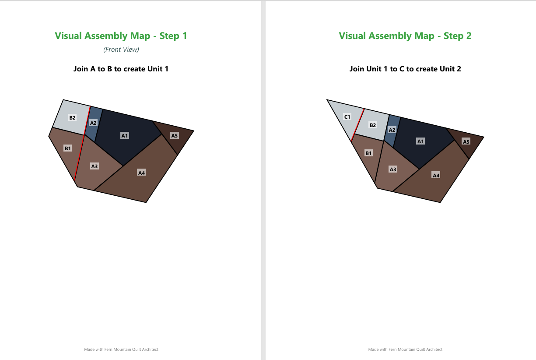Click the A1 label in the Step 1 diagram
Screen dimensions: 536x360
pyautogui.click(x=125, y=136)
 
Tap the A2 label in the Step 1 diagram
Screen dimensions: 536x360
pyautogui.click(x=93, y=123)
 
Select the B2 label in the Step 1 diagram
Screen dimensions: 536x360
pyautogui.click(x=72, y=118)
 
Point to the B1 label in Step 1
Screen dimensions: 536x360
pyautogui.click(x=68, y=148)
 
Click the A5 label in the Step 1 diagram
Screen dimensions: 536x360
pyautogui.click(x=175, y=136)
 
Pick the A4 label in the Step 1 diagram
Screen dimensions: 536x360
pyautogui.click(x=141, y=173)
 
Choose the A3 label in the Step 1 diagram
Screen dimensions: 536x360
pyautogui.click(x=95, y=166)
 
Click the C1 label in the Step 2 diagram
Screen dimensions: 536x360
pyautogui.click(x=347, y=117)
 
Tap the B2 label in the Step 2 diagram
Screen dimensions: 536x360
pyautogui.click(x=373, y=125)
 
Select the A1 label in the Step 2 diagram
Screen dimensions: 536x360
pyautogui.click(x=420, y=141)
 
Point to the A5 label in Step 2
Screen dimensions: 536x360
pyautogui.click(x=466, y=141)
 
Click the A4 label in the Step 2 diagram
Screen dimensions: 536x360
pyautogui.click(x=436, y=175)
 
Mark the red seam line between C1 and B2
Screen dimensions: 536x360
pyautogui.click(x=358, y=125)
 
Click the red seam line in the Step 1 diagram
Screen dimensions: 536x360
pyautogui.click(x=82, y=144)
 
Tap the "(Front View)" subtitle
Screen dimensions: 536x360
pyautogui.click(x=121, y=49)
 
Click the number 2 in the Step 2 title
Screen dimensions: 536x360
pyautogui.click(x=469, y=36)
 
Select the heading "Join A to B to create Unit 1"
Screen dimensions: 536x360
pyautogui.click(x=121, y=69)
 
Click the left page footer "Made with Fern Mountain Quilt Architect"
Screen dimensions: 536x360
pyautogui.click(x=121, y=349)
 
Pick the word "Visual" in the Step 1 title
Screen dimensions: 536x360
pyautogui.click(x=68, y=36)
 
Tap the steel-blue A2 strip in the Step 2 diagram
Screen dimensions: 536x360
pyautogui.click(x=392, y=131)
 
